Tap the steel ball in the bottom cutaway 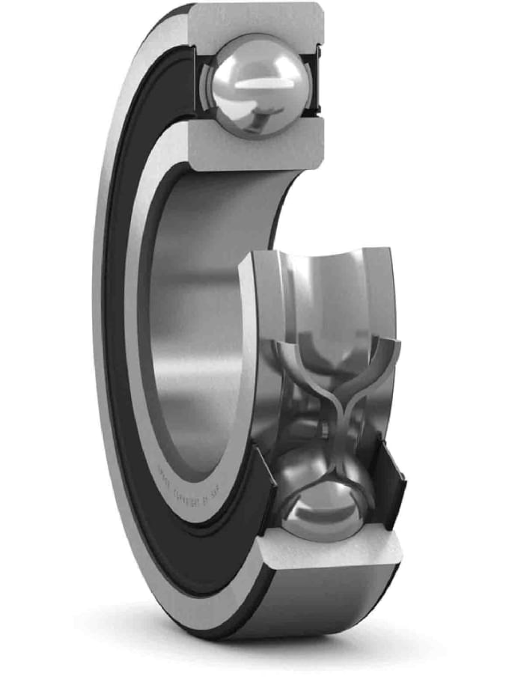pos(323,508)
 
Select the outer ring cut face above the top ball pos(255,19)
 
